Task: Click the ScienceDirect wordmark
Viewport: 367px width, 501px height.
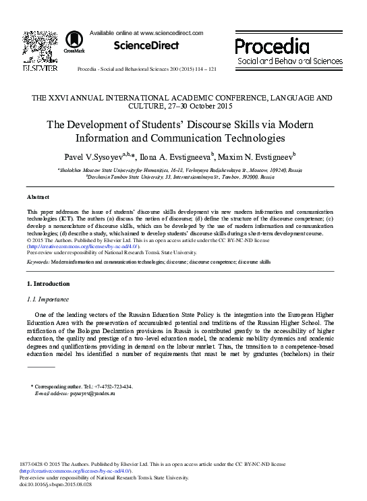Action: tap(146, 45)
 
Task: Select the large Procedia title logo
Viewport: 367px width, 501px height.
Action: tap(272, 47)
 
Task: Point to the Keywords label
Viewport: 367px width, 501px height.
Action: tap(38, 261)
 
